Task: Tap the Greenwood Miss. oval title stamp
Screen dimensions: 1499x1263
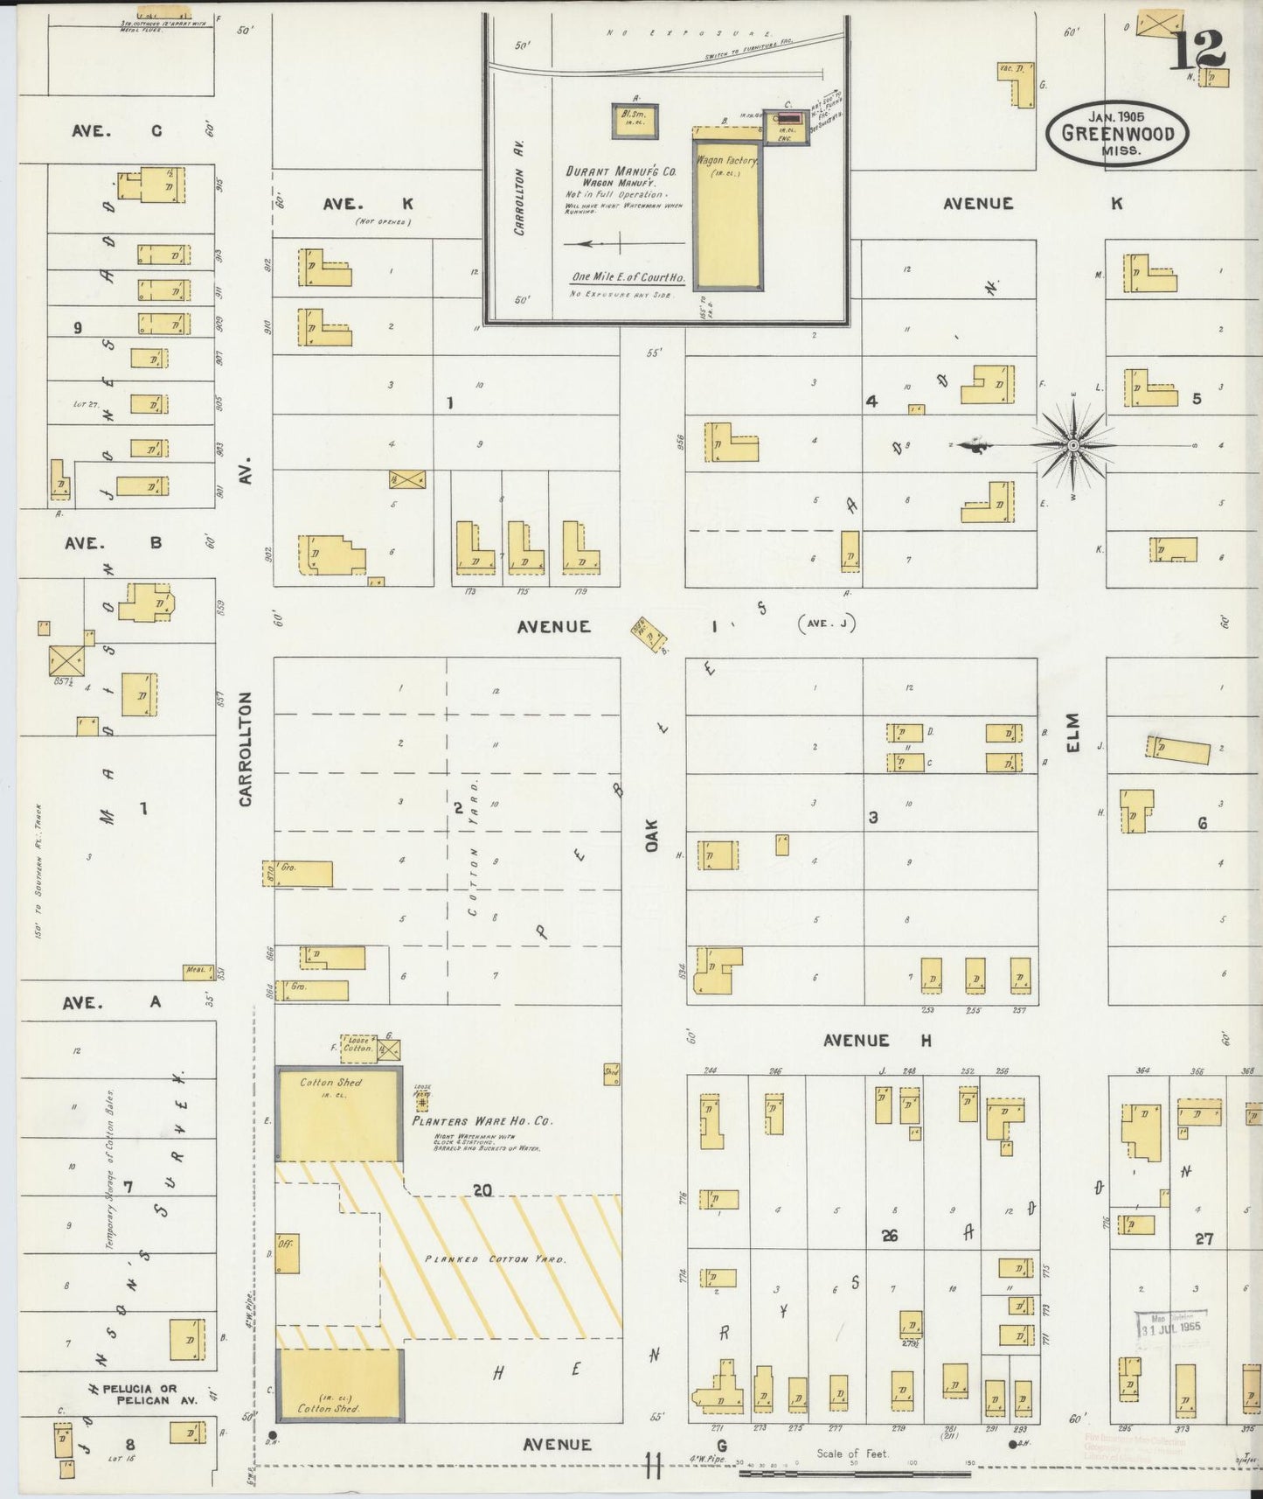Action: [x=1117, y=133]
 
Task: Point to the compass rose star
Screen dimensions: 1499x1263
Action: [x=1072, y=446]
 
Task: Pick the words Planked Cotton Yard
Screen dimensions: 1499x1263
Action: [x=496, y=1258]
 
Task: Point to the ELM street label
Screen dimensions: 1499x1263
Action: [x=1073, y=733]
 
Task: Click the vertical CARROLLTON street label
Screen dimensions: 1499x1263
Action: [x=245, y=749]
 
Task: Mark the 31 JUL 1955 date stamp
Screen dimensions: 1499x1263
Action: [x=1171, y=1325]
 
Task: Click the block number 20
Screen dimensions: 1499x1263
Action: [x=482, y=1190]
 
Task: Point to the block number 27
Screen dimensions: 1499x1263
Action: [x=1204, y=1238]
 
